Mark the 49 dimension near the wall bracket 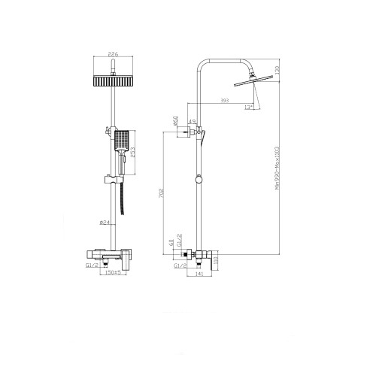192,123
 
